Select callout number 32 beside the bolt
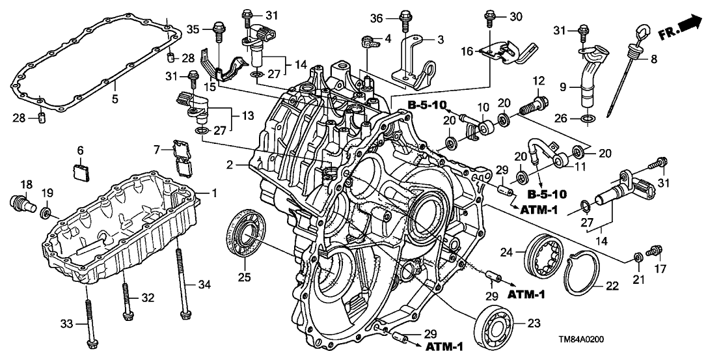pos(148,298)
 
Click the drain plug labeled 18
pos(22,203)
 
